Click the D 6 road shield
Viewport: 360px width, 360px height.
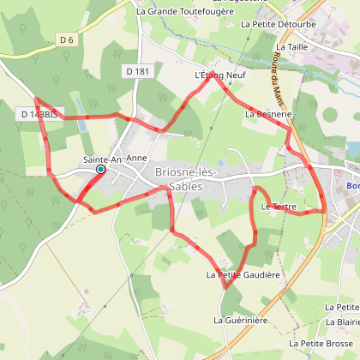[x=68, y=40]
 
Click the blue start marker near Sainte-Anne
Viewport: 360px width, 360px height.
[x=100, y=170]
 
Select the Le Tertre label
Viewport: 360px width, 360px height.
[x=277, y=207]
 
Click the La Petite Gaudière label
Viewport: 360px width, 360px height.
[x=243, y=275]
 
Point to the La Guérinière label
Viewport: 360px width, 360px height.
[x=242, y=320]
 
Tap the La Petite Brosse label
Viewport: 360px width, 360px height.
[x=327, y=343]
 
